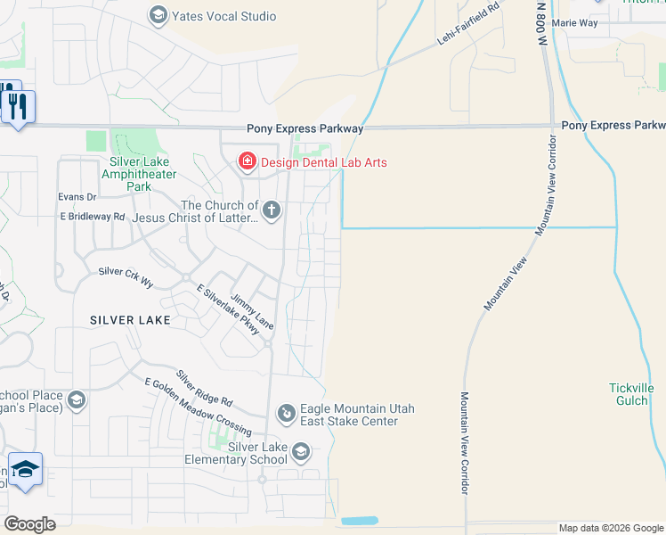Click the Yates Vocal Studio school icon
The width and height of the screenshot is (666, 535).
click(158, 15)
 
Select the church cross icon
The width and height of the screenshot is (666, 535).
click(272, 210)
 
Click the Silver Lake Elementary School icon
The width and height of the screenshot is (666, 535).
click(301, 453)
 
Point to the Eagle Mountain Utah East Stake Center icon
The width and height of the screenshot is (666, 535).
click(287, 412)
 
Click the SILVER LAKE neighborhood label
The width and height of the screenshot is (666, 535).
click(130, 319)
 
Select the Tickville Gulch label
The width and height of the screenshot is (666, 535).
click(631, 394)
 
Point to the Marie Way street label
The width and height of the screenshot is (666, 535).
click(575, 22)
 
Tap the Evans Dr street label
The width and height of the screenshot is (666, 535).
click(77, 196)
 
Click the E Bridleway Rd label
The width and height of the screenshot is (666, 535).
click(93, 216)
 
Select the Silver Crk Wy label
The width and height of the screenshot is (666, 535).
click(126, 276)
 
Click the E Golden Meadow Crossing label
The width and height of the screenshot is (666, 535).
click(198, 407)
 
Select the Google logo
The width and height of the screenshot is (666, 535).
click(30, 524)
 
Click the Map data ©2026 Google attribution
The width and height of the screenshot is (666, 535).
click(611, 529)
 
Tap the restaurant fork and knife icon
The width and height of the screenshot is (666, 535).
click(17, 106)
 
